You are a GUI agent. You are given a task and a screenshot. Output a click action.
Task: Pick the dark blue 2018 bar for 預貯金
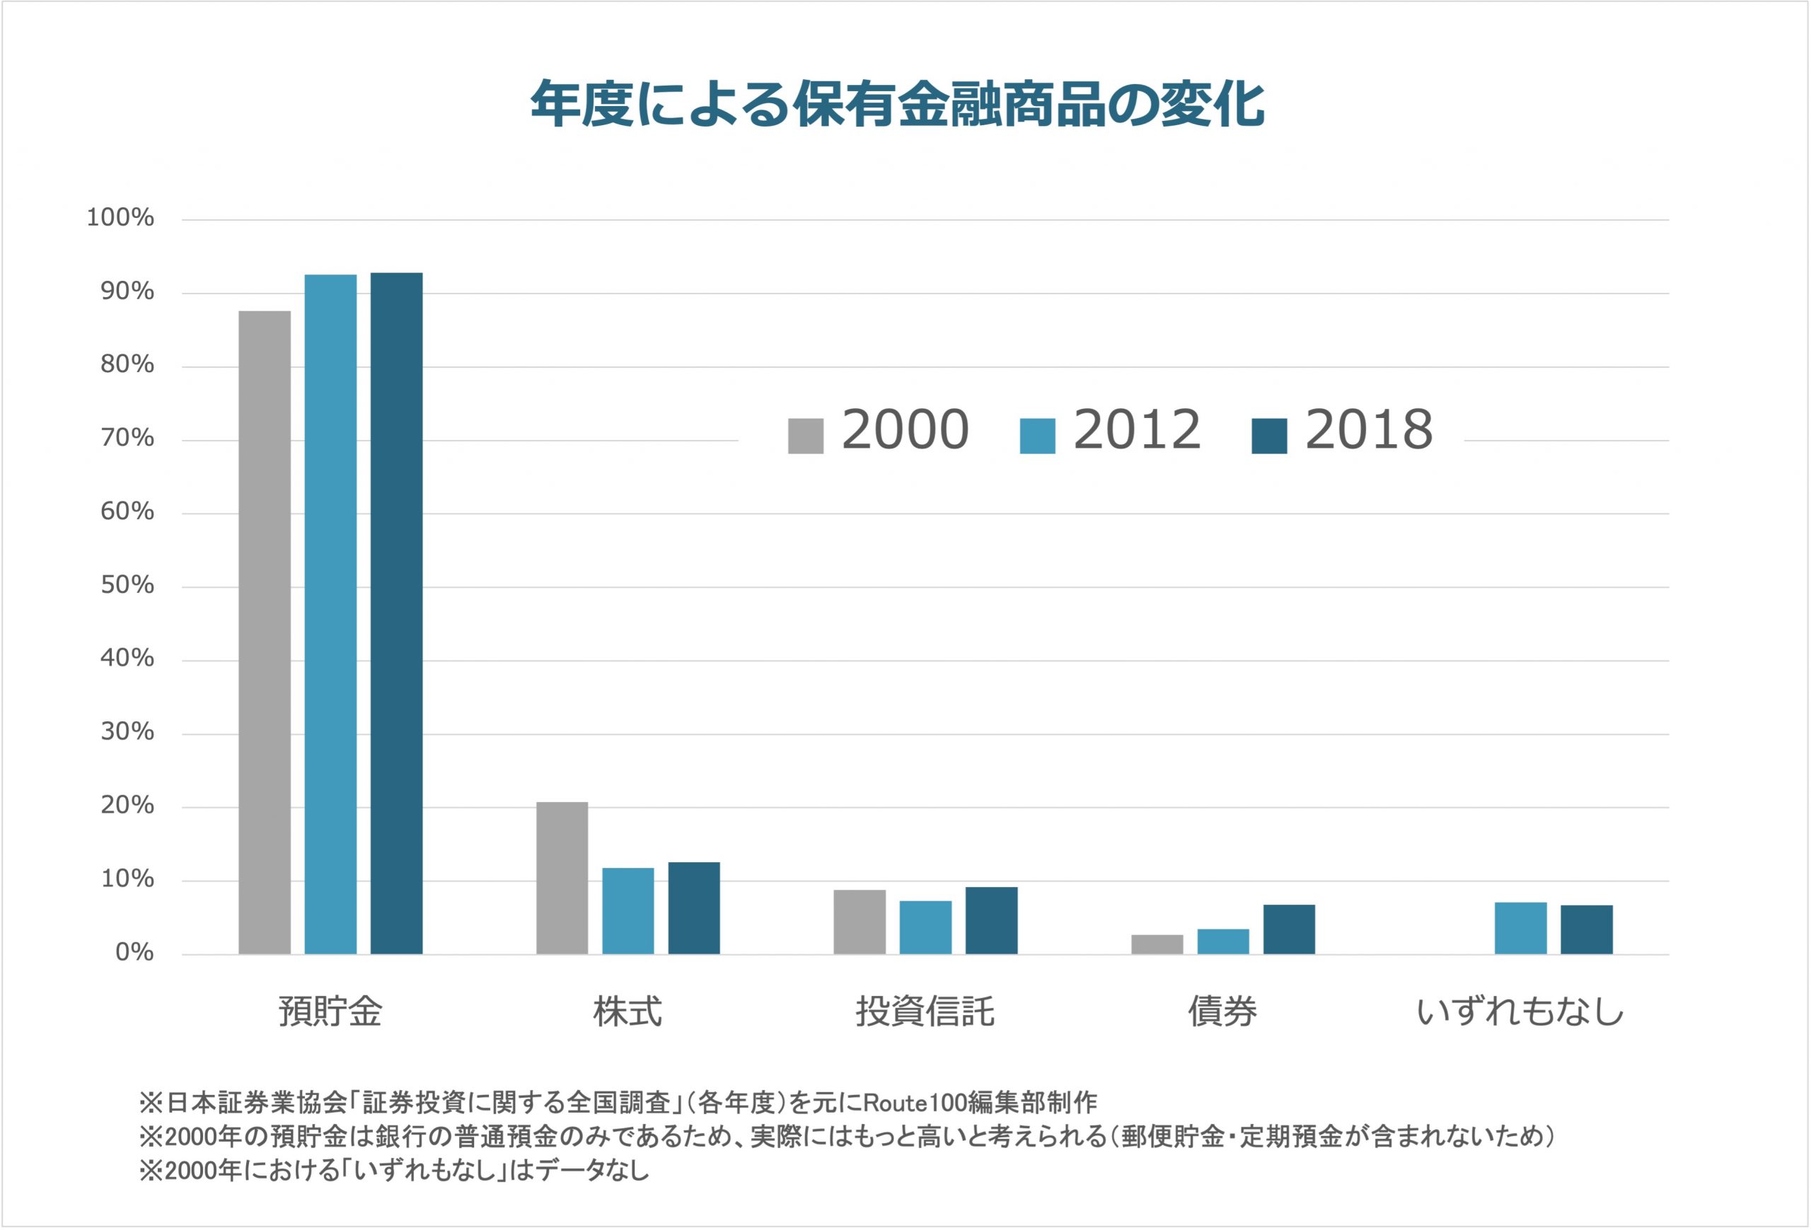point(396,613)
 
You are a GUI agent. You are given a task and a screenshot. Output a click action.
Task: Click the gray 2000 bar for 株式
point(562,878)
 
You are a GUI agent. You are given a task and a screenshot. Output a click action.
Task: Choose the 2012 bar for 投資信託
point(925,927)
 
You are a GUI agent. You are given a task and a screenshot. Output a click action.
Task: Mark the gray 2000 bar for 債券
point(1157,944)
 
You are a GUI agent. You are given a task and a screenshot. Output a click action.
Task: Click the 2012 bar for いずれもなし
point(1520,928)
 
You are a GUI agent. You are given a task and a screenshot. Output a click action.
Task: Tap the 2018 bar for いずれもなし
point(1587,929)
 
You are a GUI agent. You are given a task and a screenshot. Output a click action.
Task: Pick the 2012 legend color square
point(1037,436)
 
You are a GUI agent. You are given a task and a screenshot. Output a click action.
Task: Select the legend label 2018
point(1368,430)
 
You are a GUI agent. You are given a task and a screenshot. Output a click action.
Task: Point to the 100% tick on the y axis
point(120,218)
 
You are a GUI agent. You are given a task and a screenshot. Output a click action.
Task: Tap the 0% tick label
point(134,953)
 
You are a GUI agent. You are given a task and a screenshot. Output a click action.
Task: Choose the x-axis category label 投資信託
point(925,1012)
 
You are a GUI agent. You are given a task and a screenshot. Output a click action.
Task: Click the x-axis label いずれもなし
point(1520,1012)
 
